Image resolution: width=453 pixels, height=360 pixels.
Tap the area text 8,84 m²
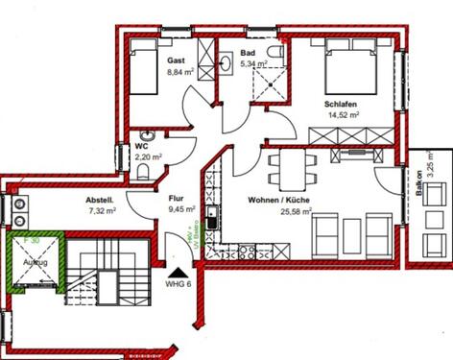[180, 71]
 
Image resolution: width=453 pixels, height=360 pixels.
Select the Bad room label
[248, 53]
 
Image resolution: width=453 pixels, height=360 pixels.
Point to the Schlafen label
[341, 102]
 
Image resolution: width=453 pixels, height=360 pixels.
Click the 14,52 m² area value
[342, 114]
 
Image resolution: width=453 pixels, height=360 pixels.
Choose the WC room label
[141, 147]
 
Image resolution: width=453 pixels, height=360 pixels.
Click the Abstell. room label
[100, 200]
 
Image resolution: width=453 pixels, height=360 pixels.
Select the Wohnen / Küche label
[280, 200]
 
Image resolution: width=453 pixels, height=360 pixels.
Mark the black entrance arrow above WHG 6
[172, 271]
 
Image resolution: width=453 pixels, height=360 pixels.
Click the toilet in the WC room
[143, 172]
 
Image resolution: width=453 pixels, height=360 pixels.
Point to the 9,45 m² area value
[181, 208]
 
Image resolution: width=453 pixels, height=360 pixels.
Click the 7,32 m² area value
[101, 211]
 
